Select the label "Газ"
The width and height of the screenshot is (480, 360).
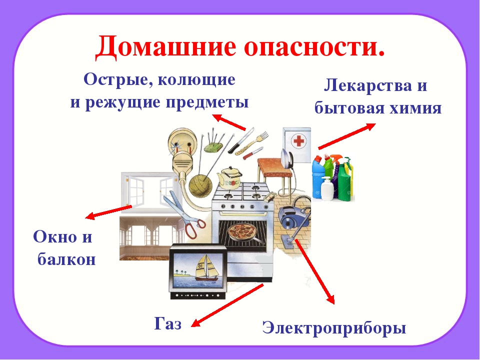(168, 323)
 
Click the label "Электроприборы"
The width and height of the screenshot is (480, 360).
(334, 327)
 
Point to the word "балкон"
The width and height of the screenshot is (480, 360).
(66, 259)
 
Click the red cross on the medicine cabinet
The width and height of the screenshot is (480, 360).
(298, 141)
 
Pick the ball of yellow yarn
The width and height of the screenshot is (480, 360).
(200, 184)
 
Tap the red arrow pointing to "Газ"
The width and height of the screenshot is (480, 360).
(227, 305)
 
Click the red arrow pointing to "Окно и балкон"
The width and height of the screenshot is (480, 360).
(108, 212)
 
